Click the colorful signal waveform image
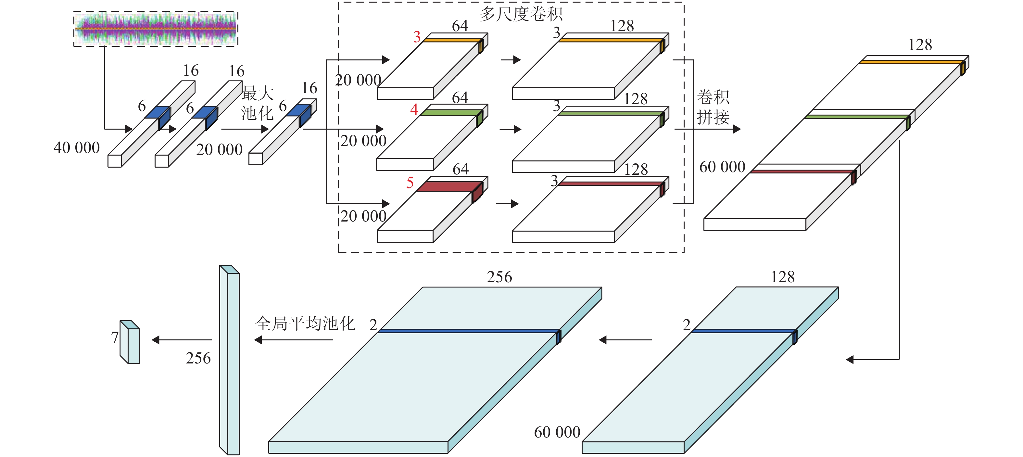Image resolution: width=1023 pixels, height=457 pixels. click(x=156, y=29)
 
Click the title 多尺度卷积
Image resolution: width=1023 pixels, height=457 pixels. click(x=521, y=14)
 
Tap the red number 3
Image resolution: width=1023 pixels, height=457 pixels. click(x=417, y=37)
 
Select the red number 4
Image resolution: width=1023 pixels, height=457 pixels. click(x=414, y=109)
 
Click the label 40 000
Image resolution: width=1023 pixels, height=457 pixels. click(x=77, y=148)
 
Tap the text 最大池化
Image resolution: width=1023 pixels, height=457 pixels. click(x=257, y=104)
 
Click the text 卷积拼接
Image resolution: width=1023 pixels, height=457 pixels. click(x=713, y=107)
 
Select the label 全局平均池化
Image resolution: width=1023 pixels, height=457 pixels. click(x=305, y=324)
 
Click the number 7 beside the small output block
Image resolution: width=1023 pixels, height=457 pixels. click(x=115, y=338)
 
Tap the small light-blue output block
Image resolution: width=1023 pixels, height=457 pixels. click(x=130, y=343)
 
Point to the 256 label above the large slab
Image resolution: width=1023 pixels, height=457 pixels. click(x=499, y=277)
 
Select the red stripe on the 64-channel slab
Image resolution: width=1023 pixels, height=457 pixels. click(x=449, y=187)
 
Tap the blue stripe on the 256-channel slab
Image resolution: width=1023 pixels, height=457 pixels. click(x=469, y=331)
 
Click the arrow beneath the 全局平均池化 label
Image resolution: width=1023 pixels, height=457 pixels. click(x=294, y=340)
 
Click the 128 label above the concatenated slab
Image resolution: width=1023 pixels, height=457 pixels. click(x=920, y=45)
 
